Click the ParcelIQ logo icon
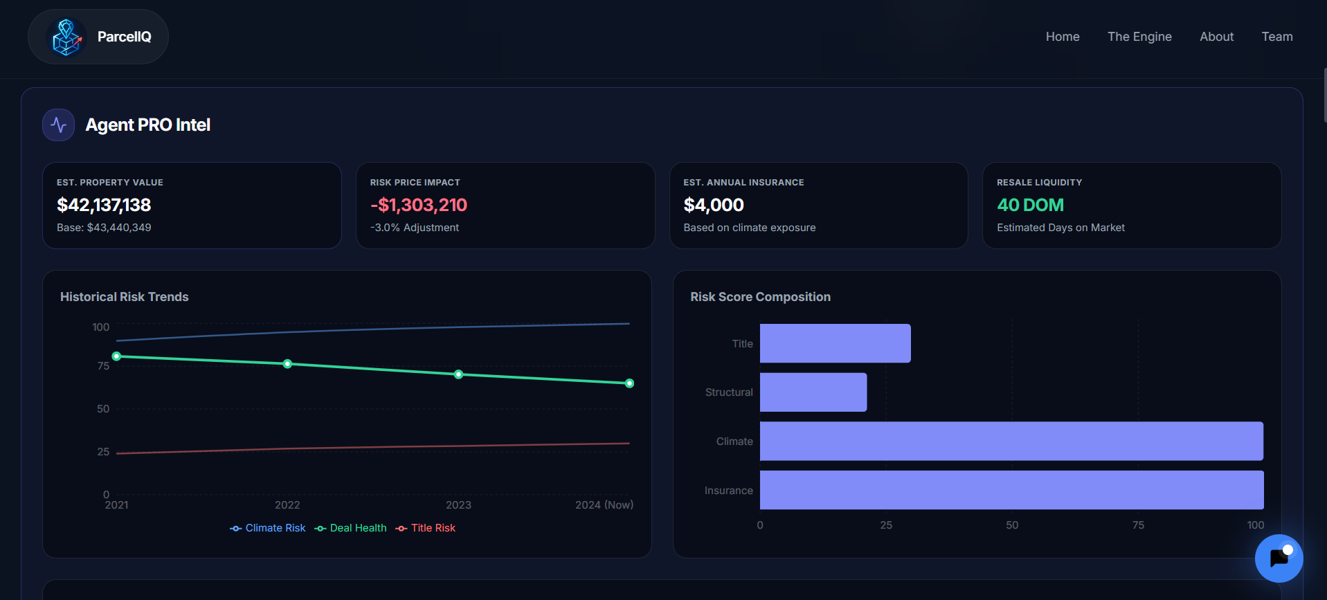coord(66,37)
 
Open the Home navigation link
coord(1062,37)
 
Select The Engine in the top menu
coord(1139,37)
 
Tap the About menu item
coord(1216,37)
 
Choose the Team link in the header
coord(1276,37)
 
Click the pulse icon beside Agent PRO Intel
coord(59,125)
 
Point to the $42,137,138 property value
coord(104,205)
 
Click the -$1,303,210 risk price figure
coord(419,205)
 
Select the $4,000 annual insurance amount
coord(713,205)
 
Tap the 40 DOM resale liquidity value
coord(1030,205)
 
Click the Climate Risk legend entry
coord(268,528)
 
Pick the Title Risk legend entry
coord(426,528)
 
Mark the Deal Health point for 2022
coord(287,364)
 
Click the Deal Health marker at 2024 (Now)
coord(629,383)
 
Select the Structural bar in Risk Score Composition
coord(813,392)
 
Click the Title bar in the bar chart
coord(835,343)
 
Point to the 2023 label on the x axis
coord(458,505)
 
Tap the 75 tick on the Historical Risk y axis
coord(103,366)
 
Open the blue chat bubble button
coord(1279,558)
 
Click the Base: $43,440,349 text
coord(104,228)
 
